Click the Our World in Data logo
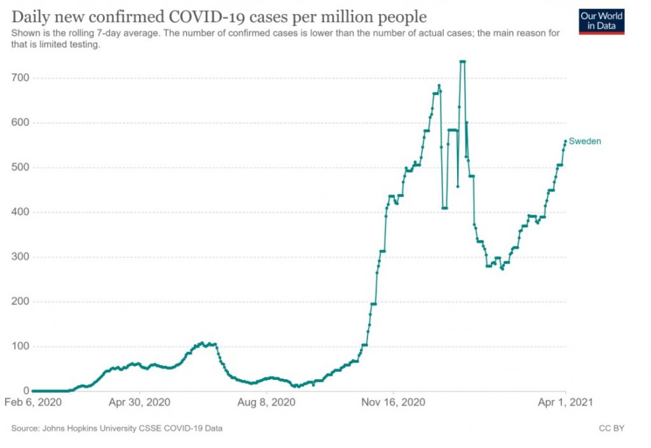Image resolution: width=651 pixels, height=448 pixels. coord(601,21)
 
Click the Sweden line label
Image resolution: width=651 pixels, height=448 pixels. coord(585,141)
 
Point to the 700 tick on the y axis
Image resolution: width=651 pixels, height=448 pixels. coord(22,78)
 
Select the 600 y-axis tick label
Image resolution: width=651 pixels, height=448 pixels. coord(22,123)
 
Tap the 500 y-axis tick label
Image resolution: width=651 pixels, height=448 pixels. coord(22,167)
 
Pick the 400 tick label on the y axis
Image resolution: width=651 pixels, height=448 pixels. coord(22,212)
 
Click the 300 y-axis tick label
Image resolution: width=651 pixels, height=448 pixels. coord(22,257)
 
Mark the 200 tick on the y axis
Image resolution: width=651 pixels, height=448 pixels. coord(22,302)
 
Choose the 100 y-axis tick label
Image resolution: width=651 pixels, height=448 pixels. coord(22,346)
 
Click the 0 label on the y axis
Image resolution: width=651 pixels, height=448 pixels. coord(26,391)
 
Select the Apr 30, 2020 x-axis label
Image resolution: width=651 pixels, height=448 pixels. coord(139,402)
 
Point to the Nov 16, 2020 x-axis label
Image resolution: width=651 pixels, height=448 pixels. coord(394,402)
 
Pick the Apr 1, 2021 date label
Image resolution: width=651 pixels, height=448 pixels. coord(566,402)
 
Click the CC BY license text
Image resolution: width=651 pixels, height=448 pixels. coord(612,428)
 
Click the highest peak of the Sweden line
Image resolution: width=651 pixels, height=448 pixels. coord(462,62)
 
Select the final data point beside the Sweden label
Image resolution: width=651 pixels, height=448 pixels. coord(565,141)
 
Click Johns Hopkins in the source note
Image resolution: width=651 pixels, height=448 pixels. coord(69,428)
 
